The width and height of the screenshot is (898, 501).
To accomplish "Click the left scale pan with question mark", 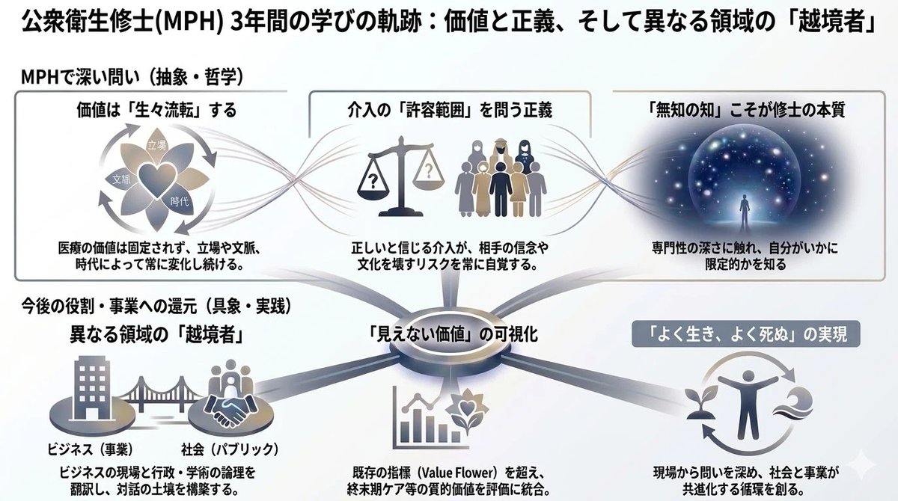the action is pyautogui.click(x=373, y=182).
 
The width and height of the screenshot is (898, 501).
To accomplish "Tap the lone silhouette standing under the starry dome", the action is pyautogui.click(x=745, y=212).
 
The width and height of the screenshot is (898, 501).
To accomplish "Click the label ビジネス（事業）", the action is pyautogui.click(x=90, y=449).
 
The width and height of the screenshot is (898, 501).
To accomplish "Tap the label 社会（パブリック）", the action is pyautogui.click(x=230, y=449).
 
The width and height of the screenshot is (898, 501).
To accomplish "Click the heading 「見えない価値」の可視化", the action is pyautogui.click(x=453, y=335).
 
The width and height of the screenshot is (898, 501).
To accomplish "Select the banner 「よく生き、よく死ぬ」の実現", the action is pyautogui.click(x=746, y=334).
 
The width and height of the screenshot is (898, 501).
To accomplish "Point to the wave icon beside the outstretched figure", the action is pyautogui.click(x=795, y=405).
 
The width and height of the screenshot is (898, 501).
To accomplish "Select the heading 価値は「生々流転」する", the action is pyautogui.click(x=156, y=110).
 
